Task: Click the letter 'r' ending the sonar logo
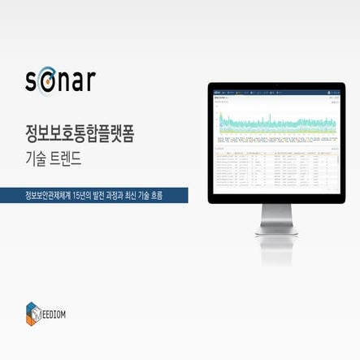coord(90,81)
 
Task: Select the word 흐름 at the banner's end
coord(175,196)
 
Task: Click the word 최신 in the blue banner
coord(141,196)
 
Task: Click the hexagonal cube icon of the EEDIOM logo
coord(33,313)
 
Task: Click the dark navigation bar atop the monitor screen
coord(277,92)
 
